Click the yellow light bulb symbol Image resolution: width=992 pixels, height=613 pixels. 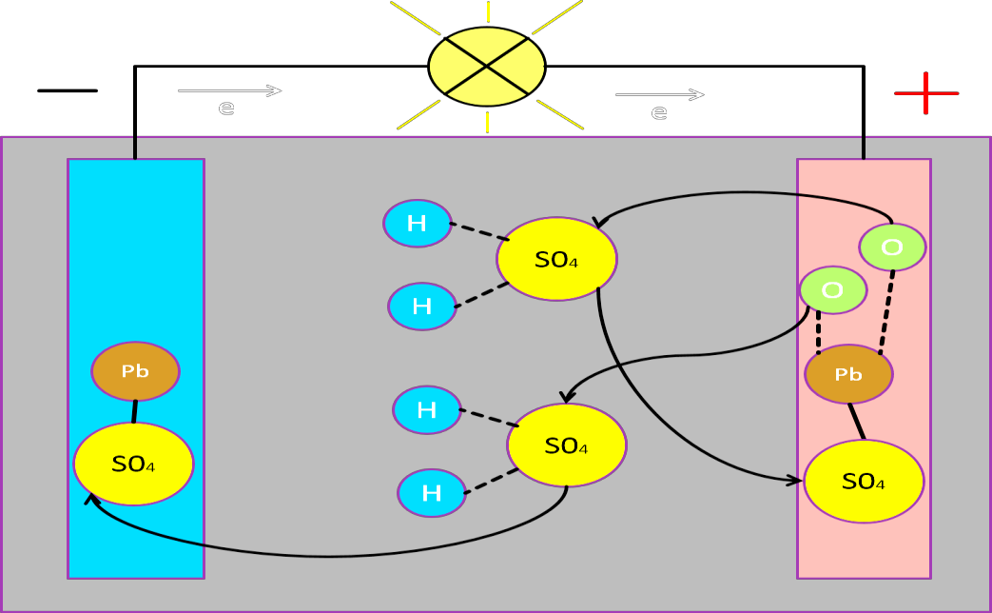pos(487,67)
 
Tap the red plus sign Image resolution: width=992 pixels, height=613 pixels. pos(925,92)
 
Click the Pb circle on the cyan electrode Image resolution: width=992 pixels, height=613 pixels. pos(135,371)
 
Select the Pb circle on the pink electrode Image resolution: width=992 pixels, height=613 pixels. pos(848,374)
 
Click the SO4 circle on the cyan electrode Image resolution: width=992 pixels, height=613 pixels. pos(133,464)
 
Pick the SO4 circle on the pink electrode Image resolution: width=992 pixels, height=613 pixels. pos(864,482)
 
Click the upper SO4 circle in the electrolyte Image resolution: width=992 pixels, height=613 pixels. pos(556,259)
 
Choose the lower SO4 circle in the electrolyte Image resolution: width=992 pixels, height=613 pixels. pos(567,445)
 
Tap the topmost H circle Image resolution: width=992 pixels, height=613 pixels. pos(417,224)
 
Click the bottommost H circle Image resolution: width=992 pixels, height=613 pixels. pos(432,493)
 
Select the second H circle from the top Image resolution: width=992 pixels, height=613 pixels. pos(422,306)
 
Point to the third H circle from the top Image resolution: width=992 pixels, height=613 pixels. pos(427,410)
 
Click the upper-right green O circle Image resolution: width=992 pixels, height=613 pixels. pos(892,247)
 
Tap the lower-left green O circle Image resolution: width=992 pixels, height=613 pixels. pos(832,290)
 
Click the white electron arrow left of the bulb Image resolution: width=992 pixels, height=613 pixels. pos(229,90)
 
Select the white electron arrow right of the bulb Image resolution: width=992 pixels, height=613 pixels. pos(659,94)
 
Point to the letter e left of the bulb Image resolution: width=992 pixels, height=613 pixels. pos(226,108)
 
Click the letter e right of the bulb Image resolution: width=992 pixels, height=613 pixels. pos(659,113)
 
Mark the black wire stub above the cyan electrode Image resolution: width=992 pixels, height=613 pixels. pos(135,148)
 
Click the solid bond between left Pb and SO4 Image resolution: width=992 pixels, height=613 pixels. pos(134,411)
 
